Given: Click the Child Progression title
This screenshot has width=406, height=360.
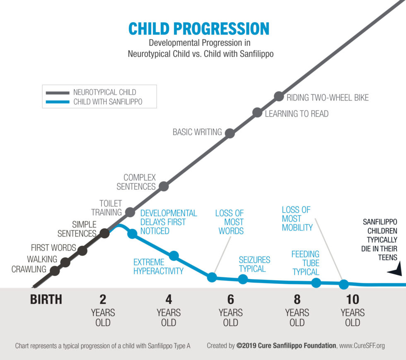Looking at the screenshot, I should [198, 29].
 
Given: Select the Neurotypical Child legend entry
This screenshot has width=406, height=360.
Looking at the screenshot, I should [104, 92].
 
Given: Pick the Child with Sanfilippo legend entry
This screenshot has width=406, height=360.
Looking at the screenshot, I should [108, 102].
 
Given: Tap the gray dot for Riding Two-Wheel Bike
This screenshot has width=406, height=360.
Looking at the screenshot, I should [279, 97].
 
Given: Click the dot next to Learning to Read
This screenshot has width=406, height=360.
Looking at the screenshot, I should [257, 113].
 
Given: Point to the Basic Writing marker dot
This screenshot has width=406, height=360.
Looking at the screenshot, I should [230, 133].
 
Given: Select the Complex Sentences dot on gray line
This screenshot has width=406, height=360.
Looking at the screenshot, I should [164, 186].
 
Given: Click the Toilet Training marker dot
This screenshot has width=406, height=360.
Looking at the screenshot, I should [130, 212].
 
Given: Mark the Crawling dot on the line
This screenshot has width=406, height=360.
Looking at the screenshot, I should [55, 271].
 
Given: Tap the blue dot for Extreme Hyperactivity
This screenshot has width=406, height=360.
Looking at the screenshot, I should [174, 256].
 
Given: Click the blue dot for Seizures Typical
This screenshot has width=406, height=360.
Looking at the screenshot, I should [243, 279].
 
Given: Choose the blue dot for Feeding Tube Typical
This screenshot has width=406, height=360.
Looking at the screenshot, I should [316, 283].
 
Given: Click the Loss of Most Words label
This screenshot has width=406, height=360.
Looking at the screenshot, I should [230, 222].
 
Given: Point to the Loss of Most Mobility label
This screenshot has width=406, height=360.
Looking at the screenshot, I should [297, 218].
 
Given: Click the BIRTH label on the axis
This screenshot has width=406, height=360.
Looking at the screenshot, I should [46, 299].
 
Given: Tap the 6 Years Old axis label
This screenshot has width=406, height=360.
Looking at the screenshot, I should [230, 310].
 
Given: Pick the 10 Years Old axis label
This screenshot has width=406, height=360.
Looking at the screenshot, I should [352, 310].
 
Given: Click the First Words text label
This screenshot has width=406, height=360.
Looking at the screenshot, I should [53, 248].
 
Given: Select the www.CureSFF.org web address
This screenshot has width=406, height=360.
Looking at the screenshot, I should [362, 346].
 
